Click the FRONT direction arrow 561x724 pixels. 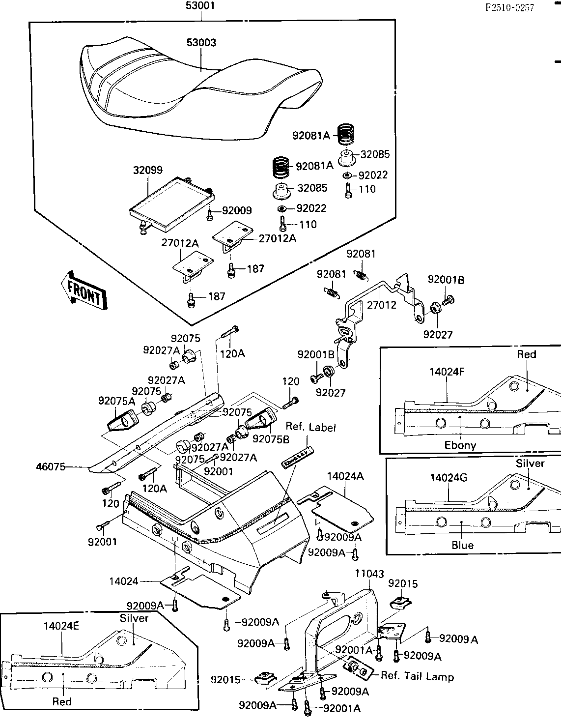click(x=84, y=291)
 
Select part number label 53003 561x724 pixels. click(x=201, y=43)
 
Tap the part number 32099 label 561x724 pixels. click(x=147, y=171)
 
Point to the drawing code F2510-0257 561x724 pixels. click(x=509, y=7)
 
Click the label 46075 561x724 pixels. click(x=51, y=467)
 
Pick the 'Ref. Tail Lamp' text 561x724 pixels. click(x=417, y=676)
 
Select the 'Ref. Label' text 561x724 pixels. click(x=310, y=428)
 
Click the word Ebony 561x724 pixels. click(x=460, y=445)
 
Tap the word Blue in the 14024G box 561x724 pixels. click(x=462, y=545)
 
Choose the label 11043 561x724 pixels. click(x=369, y=574)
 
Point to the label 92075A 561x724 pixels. click(x=116, y=401)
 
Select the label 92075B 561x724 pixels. click(x=271, y=439)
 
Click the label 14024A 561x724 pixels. click(x=345, y=476)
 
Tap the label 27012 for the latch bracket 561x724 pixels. click(x=381, y=305)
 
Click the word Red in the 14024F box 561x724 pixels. click(x=527, y=354)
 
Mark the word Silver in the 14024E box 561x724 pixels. click(x=134, y=618)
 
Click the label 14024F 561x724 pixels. click(x=447, y=372)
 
